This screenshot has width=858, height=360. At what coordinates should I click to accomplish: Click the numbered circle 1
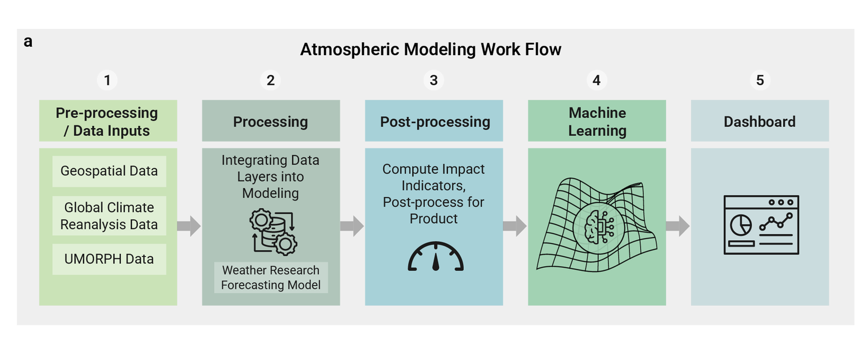107,80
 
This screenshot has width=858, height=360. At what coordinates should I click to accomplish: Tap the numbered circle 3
434,80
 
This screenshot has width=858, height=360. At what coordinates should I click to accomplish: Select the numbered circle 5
760,80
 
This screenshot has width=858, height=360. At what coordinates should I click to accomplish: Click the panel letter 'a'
28,41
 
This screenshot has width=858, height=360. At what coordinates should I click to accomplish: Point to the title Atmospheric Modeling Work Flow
430,49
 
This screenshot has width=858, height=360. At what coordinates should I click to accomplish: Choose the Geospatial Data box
109,171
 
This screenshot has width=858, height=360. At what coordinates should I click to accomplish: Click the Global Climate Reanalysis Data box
109,216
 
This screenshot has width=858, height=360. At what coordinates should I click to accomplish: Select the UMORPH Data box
109,259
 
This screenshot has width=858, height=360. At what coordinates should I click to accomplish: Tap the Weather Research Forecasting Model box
271,277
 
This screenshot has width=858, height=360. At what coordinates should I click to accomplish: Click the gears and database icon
273,232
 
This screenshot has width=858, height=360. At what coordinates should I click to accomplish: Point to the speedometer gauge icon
436,257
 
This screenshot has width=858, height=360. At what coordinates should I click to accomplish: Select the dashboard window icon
761,225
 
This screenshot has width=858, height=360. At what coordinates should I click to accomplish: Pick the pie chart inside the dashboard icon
740,225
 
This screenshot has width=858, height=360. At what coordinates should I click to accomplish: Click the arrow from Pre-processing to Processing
189,226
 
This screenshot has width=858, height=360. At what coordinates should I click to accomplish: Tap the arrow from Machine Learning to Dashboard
678,226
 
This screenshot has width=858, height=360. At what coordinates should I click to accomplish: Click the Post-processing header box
434,121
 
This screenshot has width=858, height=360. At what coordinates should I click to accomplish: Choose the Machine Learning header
597,121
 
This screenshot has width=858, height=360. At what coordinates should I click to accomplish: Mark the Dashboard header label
759,121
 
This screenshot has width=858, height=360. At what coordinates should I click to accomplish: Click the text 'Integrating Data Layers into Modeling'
270,177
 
